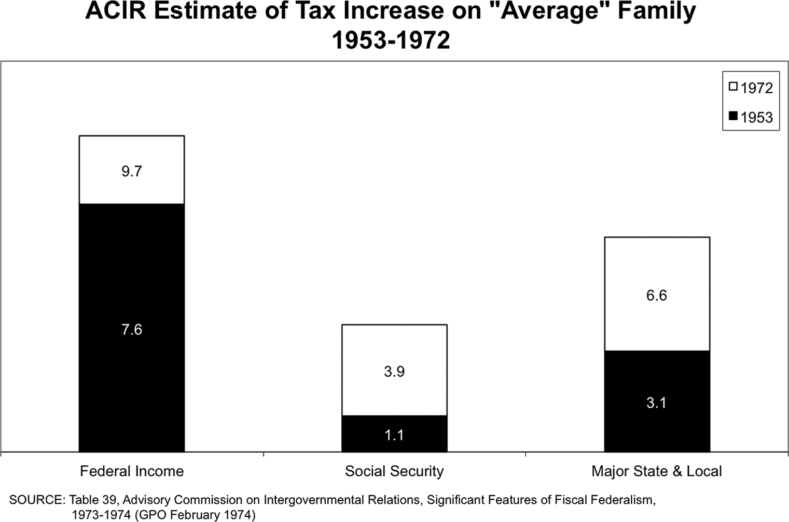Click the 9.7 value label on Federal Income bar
pos(132,172)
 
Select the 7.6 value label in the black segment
pos(132,330)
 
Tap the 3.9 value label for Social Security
pos(394,372)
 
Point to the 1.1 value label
pos(394,435)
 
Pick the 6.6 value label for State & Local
pos(657,295)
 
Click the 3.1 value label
pos(657,403)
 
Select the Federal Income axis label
pos(132,471)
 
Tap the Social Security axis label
pos(394,471)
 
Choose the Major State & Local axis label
pos(657,471)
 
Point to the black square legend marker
pos(733,116)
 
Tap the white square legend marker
pos(733,87)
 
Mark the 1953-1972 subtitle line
pos(391,40)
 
